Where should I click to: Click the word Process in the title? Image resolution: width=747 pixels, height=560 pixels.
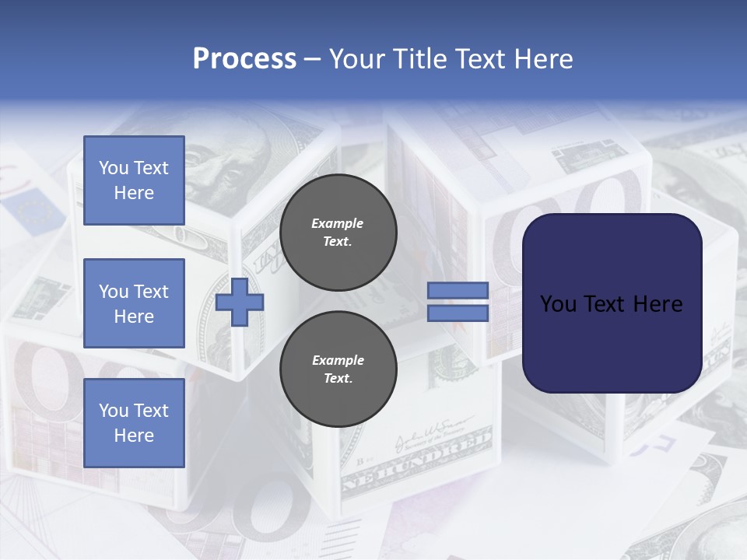coord(244,58)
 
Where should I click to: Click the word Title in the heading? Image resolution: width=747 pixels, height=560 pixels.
coord(419,58)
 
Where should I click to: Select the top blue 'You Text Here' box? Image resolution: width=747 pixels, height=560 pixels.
coord(134,180)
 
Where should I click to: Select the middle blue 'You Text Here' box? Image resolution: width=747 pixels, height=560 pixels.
coord(134,303)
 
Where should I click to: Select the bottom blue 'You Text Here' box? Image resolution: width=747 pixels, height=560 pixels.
coord(134,422)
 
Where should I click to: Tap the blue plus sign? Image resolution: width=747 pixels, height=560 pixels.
coord(240,302)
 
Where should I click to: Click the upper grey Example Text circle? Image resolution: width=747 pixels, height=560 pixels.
coord(338,233)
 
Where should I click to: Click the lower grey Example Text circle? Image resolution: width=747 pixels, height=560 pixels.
coord(338,369)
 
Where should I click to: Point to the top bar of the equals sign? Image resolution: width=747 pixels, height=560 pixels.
coord(458,290)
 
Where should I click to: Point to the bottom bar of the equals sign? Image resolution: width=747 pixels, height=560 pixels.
coord(458,313)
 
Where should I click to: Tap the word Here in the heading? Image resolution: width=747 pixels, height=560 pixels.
coord(542,58)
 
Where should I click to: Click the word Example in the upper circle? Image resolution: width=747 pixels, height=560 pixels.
coord(338,223)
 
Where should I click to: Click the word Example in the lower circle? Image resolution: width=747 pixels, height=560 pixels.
coord(338,360)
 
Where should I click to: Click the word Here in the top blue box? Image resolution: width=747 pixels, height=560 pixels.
coord(134,193)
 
